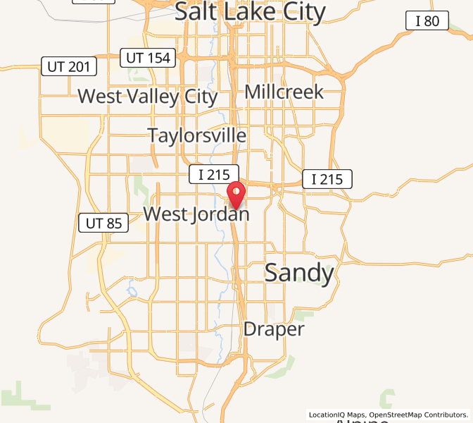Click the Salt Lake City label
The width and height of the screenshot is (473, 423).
coord(250,12)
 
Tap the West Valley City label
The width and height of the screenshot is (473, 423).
coord(147,96)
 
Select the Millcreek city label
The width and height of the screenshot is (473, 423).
coord(284,92)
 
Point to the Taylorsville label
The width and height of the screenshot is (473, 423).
coord(196,135)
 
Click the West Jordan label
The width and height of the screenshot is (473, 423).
coord(196,214)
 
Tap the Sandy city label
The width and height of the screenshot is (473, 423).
coord(298,273)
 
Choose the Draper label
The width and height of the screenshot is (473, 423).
coord(274,329)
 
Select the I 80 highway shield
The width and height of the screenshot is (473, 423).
coord(427,21)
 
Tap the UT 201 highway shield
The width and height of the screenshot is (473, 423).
coord(68,67)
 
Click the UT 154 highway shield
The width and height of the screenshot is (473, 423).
coord(147,58)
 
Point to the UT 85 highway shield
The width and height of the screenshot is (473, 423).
coord(103,223)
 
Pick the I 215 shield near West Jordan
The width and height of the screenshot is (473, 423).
coord(214,174)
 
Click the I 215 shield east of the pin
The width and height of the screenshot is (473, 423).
coord(327,179)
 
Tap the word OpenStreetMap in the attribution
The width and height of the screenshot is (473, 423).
coord(394,415)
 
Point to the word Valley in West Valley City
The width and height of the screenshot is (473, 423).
coord(147,96)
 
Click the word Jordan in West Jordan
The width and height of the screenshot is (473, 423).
coord(220,214)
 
